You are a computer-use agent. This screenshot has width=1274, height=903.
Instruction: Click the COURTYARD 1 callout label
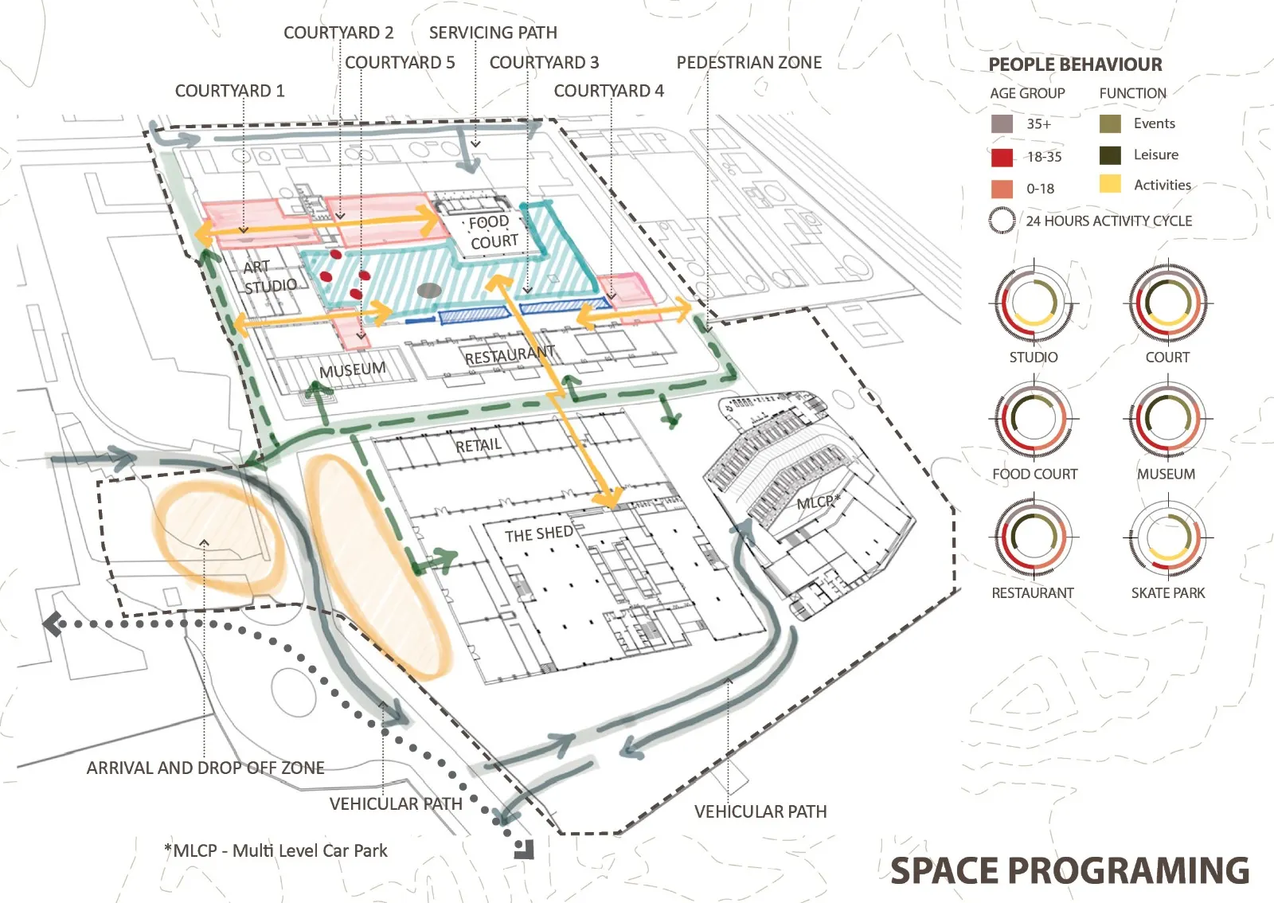230,91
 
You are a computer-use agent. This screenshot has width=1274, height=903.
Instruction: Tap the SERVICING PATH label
493,33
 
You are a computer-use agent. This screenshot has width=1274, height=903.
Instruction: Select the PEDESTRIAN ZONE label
749,63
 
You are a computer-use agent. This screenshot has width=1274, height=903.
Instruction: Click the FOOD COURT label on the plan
493,232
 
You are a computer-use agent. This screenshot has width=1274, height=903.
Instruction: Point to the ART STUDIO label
270,277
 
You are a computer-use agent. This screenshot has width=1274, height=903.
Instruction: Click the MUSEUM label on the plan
353,370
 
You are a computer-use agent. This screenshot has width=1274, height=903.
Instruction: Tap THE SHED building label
539,534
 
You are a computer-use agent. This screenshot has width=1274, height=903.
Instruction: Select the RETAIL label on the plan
479,445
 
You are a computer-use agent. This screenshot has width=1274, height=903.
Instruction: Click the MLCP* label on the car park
818,502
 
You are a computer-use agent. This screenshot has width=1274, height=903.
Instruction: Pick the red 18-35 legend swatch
1002,157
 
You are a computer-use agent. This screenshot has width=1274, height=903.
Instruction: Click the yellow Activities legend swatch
1110,184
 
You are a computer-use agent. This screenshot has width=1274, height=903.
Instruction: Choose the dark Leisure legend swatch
1110,155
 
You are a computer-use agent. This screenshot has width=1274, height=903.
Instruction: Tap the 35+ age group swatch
1002,124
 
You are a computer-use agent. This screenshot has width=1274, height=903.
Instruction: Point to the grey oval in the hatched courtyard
429,291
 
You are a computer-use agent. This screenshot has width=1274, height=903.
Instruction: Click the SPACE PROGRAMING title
1070,870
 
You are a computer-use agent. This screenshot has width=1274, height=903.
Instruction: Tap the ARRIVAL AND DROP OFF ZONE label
205,768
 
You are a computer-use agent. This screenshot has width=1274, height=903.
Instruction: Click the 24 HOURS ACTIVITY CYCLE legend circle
1002,221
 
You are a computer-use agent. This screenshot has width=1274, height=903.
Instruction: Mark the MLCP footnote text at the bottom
276,850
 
